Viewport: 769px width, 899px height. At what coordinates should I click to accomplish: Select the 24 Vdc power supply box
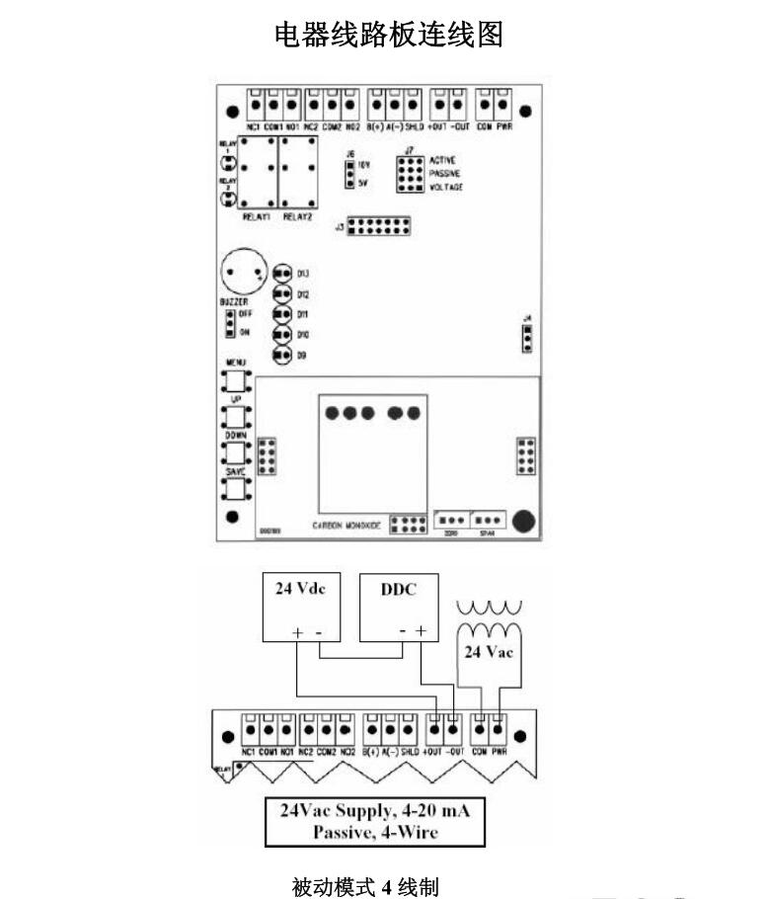point(299,607)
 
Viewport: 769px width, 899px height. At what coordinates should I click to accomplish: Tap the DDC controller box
point(399,607)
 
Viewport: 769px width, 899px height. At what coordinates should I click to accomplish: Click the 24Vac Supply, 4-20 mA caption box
point(375,821)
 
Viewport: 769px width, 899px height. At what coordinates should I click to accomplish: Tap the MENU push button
point(235,380)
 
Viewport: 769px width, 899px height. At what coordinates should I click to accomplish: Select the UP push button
point(235,416)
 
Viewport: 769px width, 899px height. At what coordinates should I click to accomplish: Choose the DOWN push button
point(235,451)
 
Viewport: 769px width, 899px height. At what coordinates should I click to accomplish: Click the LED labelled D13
point(282,273)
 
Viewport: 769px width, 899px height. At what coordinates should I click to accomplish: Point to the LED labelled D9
point(282,355)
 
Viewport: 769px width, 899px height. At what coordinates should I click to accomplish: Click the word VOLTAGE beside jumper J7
point(446,187)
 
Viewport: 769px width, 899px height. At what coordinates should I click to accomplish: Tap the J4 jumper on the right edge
point(528,338)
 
